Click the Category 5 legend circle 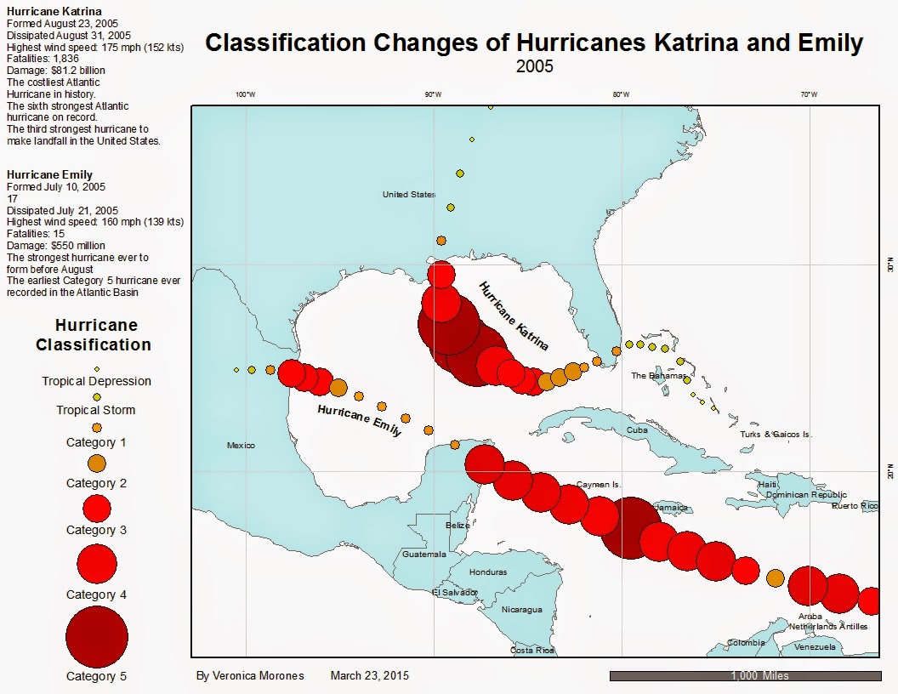point(96,637)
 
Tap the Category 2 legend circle point(96,464)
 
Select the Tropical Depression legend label point(97,381)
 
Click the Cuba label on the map point(637,429)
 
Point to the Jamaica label point(669,508)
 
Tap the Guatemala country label point(424,554)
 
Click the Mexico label point(241,445)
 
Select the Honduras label point(487,572)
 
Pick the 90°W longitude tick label point(433,94)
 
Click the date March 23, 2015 point(369,676)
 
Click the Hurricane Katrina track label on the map point(513,316)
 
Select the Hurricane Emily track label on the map point(360,421)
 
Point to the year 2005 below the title point(534,66)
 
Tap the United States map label point(409,195)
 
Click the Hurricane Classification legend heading point(94,335)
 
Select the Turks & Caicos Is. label point(776,434)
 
